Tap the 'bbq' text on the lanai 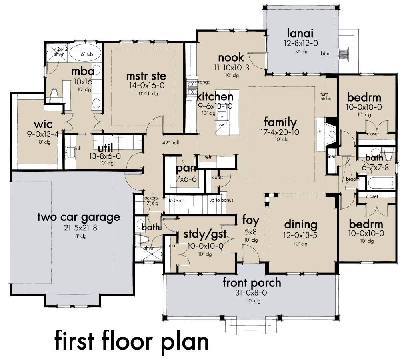[x=325, y=54]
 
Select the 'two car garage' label [x=78, y=217]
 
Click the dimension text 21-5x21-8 [x=78, y=228]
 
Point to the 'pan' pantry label [x=186, y=168]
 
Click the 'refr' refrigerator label [x=208, y=157]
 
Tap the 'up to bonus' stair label [x=221, y=200]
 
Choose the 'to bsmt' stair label [x=176, y=200]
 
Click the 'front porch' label [x=252, y=283]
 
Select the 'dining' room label [x=300, y=224]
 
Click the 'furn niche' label [x=326, y=96]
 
